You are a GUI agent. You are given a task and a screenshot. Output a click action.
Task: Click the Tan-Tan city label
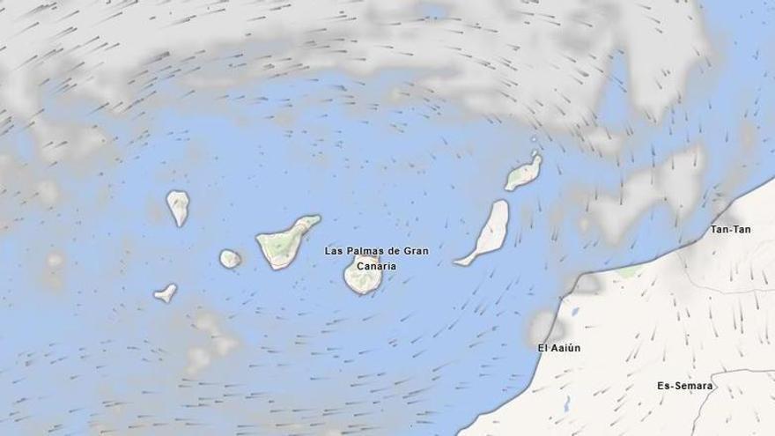[730, 229]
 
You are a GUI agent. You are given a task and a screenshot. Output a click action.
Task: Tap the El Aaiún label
[559, 348]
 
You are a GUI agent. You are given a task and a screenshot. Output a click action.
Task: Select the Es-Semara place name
[683, 386]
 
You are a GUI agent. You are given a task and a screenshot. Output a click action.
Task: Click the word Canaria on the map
[377, 265]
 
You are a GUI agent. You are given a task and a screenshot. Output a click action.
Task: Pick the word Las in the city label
[333, 251]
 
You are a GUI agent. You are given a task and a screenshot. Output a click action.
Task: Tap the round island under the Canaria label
[362, 277]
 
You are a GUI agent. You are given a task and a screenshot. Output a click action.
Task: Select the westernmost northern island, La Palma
[178, 207]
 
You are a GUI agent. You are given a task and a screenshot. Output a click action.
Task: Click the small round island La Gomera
[230, 258]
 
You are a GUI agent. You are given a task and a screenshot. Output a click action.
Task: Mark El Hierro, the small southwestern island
[166, 292]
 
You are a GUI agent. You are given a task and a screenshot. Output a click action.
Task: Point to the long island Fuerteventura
[490, 231]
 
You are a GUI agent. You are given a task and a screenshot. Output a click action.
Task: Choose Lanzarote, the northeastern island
[523, 172]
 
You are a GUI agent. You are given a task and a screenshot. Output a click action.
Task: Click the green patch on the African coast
[627, 272]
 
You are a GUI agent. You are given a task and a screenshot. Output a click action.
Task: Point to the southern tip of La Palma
[181, 225]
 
